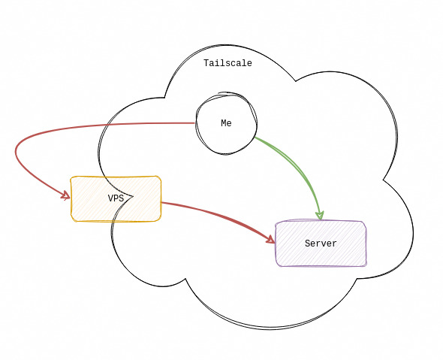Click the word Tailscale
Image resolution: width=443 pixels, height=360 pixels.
228,63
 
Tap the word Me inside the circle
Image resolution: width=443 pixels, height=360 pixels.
226,123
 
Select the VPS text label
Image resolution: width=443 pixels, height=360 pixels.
116,198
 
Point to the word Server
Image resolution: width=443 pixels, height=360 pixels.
321,244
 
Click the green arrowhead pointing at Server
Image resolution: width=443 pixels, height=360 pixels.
320,215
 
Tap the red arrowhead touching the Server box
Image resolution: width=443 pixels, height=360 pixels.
270,240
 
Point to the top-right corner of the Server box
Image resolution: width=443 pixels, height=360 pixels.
364,222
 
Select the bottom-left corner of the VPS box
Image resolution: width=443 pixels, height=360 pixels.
73,219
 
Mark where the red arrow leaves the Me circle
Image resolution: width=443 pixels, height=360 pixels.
196,123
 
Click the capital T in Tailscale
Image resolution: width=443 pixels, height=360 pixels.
206,63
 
